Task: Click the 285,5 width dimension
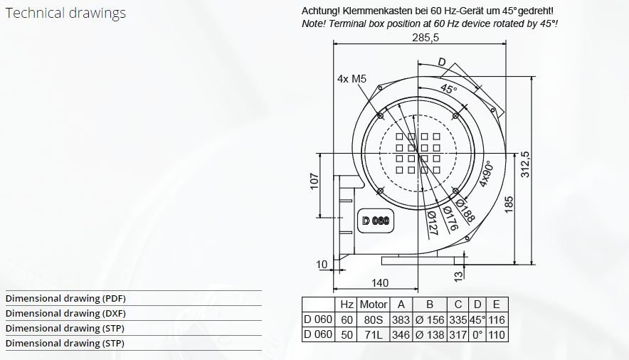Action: [x=425, y=38]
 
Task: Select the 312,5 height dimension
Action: [x=525, y=164]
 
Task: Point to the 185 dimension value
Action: [x=509, y=205]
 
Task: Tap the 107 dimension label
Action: [x=314, y=181]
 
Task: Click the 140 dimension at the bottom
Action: [x=380, y=283]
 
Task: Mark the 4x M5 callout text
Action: [x=351, y=79]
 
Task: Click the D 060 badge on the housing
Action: [x=376, y=221]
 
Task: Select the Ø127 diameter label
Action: [x=433, y=223]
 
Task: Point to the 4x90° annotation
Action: [x=486, y=174]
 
